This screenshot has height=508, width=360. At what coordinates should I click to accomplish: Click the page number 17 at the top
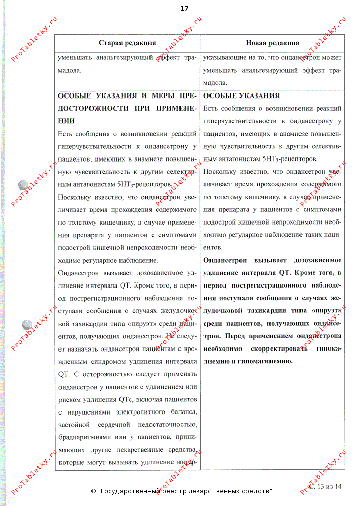coord(184,8)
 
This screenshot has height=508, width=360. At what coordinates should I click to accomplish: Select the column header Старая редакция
coord(127,43)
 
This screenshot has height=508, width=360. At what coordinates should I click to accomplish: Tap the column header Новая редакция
coord(272,43)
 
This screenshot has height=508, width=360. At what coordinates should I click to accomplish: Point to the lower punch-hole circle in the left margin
coord(27,324)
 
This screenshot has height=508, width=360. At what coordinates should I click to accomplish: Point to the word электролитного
coord(129,411)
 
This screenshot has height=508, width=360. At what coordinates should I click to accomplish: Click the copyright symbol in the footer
coord(93,492)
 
